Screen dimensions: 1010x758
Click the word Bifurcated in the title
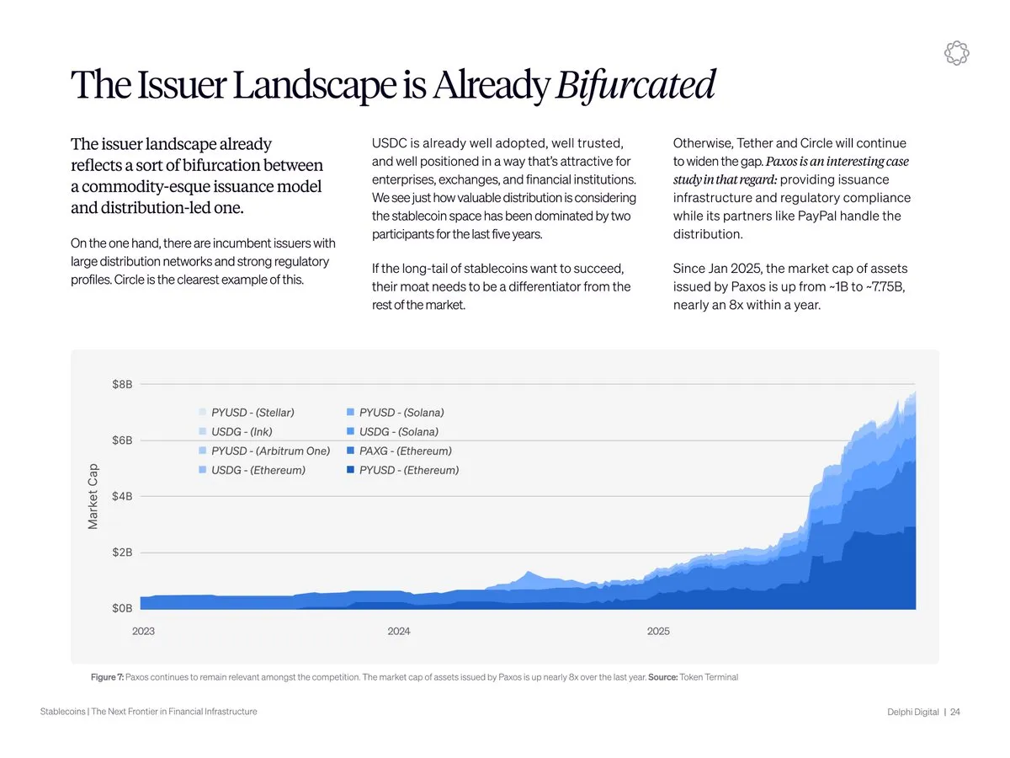pos(635,85)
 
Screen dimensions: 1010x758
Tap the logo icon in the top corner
pos(956,53)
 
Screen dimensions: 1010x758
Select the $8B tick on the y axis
pos(122,384)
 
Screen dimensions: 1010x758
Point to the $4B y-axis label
pos(122,496)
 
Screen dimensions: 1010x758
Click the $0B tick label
pos(122,608)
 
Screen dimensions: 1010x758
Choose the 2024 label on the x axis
pos(398,631)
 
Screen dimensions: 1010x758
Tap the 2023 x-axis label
pos(143,631)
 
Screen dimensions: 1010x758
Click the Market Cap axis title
pos(93,496)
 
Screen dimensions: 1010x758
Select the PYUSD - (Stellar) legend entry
pos(247,413)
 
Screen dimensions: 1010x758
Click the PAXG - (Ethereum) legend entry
pos(400,451)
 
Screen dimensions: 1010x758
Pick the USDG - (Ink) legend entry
pos(236,432)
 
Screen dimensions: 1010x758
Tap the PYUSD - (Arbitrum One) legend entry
pos(264,451)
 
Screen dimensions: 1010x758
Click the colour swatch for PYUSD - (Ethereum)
pos(350,470)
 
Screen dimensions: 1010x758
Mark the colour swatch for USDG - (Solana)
pos(350,431)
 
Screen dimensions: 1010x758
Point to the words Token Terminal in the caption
pos(709,677)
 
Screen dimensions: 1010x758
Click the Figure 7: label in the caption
pos(107,677)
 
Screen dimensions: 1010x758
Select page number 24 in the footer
pos(955,712)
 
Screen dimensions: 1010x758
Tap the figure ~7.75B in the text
pos(885,286)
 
